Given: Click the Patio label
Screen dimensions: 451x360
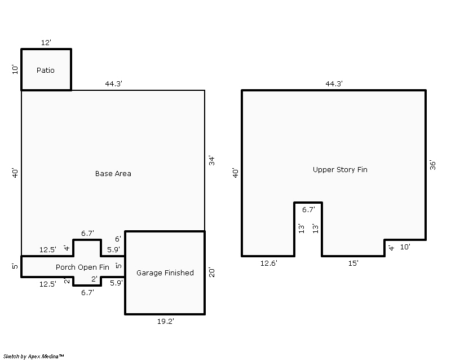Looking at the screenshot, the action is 46,71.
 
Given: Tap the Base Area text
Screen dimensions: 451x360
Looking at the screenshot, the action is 113,174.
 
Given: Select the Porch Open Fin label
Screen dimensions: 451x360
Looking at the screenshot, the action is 82,267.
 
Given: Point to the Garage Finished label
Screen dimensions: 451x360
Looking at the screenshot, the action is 165,273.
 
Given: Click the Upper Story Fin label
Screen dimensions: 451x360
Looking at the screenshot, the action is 340,170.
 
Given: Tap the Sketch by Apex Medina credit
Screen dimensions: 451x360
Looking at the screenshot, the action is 34,357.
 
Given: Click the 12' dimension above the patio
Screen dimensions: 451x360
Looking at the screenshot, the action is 46,43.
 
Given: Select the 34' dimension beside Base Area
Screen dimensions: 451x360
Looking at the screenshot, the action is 212,161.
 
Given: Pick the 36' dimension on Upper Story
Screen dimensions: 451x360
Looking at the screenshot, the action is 432,165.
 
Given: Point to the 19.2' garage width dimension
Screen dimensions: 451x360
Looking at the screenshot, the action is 165,322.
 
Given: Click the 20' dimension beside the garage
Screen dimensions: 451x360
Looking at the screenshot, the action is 212,273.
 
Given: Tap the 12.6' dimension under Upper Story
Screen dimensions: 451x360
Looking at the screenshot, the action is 269,264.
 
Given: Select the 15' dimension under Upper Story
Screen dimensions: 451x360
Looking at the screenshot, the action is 353,264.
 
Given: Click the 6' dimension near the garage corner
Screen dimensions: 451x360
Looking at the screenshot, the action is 118,239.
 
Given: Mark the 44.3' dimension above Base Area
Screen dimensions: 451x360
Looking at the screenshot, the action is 114,84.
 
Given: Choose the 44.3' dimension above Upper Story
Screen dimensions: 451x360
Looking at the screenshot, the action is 334,84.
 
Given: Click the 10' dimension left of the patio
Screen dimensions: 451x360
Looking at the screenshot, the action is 15,70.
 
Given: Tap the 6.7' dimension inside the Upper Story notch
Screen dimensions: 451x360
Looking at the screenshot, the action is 308,210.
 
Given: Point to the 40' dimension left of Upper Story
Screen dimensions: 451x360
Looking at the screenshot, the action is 236,173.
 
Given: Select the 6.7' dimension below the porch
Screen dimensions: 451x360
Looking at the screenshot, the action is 87,293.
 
